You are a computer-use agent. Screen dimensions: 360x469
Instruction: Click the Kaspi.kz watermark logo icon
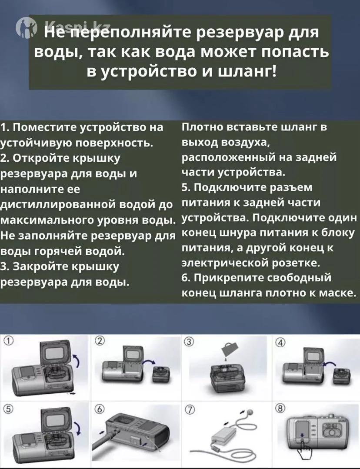[27, 27]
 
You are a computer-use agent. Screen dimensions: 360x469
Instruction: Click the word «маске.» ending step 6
[337, 293]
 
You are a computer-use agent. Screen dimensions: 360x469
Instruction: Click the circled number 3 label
[189, 341]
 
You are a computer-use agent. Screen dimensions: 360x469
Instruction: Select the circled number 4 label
[280, 343]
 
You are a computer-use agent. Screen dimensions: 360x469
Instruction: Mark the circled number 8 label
[280, 408]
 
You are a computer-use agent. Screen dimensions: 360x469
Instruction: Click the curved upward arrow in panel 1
[77, 360]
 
